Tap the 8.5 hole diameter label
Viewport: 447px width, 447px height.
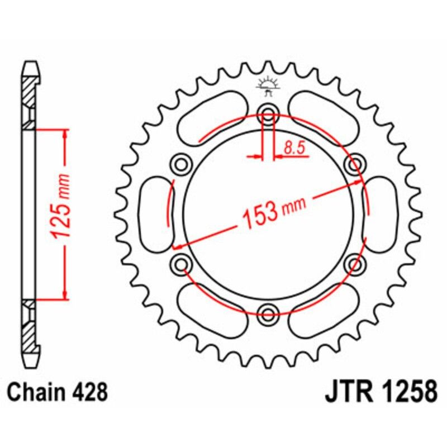click(x=294, y=148)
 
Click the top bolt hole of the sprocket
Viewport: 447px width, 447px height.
click(x=269, y=117)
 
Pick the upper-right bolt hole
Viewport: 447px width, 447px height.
click(x=354, y=164)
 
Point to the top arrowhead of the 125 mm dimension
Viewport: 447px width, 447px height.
click(x=66, y=135)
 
